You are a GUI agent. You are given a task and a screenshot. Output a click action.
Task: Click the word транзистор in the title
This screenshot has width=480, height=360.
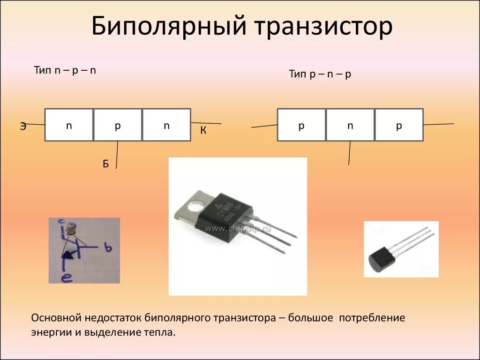(323, 27)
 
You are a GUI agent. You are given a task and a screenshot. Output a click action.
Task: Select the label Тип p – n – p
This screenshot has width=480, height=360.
(320, 74)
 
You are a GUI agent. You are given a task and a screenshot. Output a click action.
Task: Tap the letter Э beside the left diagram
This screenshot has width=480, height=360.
(23, 126)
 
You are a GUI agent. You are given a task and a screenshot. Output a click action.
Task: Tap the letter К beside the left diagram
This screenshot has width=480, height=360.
(203, 131)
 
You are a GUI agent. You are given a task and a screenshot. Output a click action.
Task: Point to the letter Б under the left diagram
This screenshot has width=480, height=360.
(106, 164)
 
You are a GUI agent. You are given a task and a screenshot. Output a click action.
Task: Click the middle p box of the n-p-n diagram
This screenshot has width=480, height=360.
(118, 125)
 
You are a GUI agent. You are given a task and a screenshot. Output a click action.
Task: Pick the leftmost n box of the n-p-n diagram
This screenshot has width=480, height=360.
(69, 125)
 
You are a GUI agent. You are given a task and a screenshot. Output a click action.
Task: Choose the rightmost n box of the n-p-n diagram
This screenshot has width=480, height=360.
(166, 125)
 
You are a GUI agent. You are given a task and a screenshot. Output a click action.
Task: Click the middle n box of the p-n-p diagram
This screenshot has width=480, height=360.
(350, 125)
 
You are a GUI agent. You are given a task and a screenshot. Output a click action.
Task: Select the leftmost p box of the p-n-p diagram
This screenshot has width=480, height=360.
(301, 125)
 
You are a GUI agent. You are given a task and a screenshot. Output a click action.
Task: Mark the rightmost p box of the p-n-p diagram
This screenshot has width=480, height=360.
(399, 125)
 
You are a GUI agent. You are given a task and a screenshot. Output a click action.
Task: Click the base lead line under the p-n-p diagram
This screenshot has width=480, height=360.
(349, 153)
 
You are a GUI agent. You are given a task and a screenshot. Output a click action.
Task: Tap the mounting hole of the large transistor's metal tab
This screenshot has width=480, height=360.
(194, 205)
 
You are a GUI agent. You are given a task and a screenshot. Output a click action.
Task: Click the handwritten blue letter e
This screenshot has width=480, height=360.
(67, 278)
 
